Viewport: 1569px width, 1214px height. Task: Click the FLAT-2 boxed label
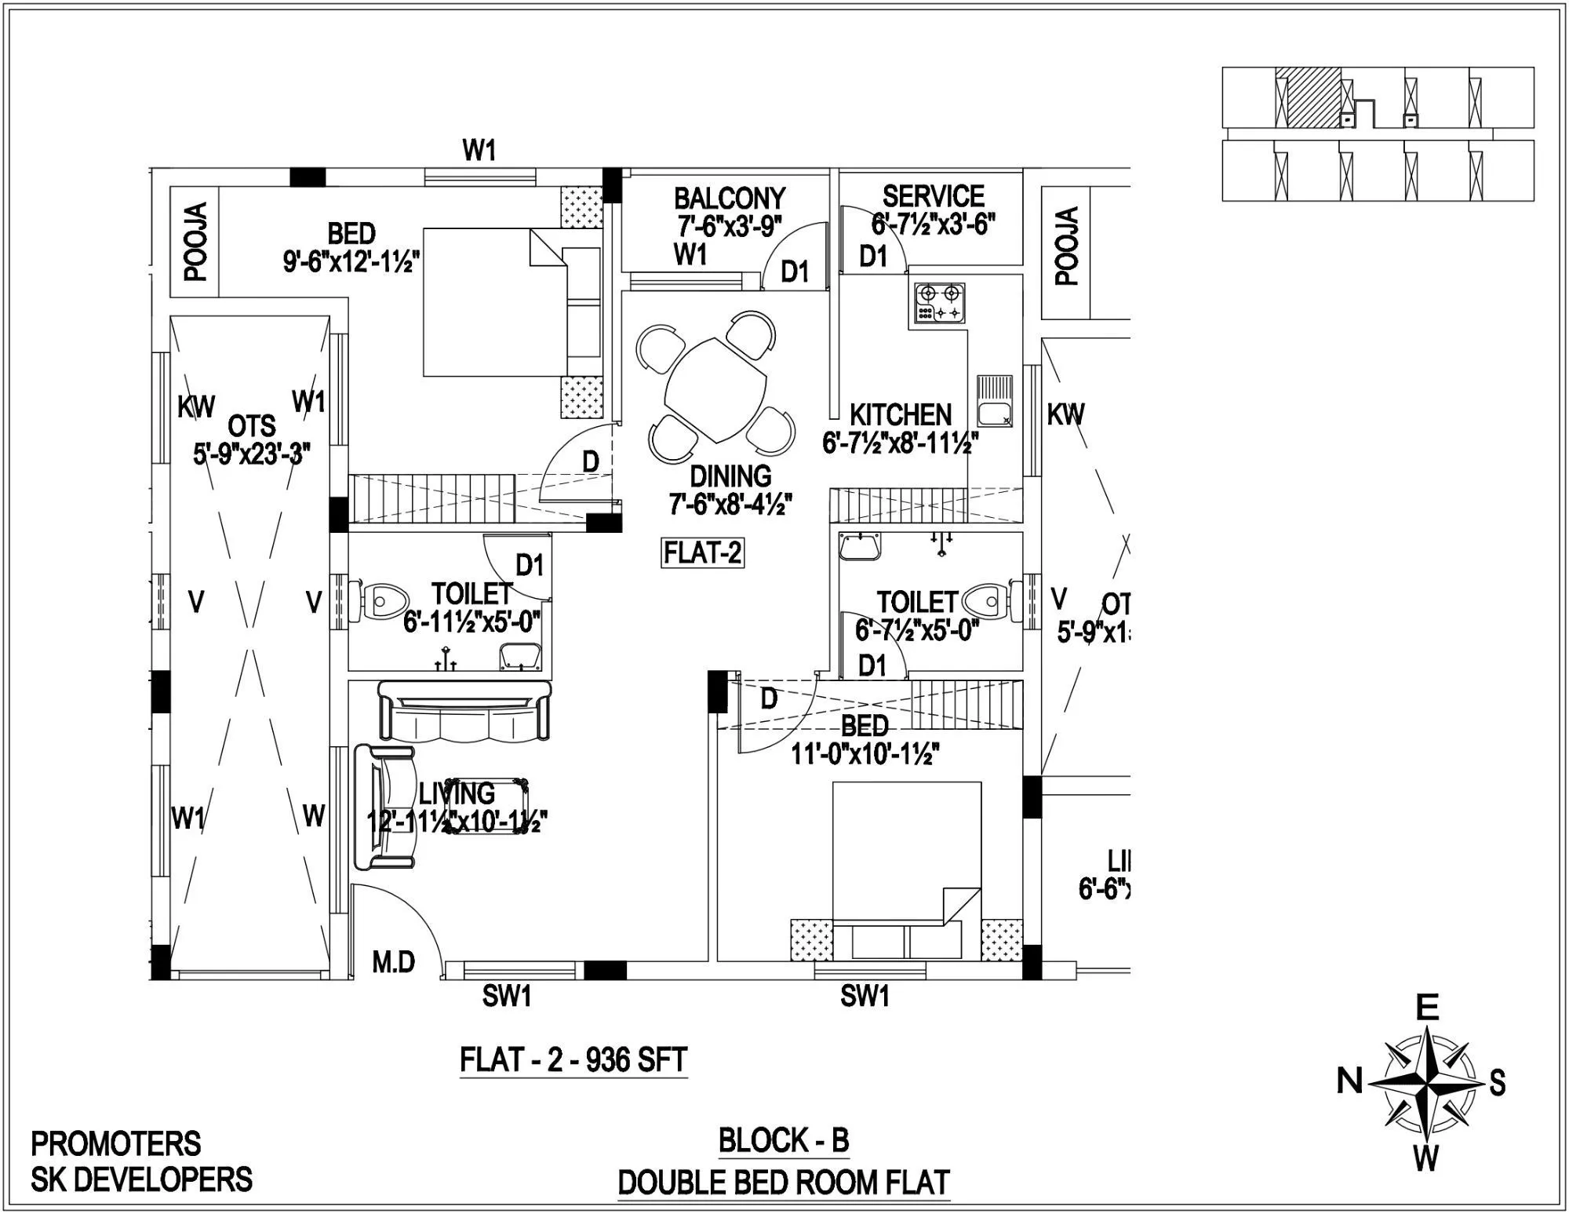coord(702,553)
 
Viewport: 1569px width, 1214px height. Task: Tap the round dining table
coord(715,390)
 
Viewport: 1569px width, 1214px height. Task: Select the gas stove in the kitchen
coord(939,304)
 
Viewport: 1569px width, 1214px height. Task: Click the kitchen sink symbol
coord(994,400)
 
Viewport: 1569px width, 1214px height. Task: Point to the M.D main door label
coord(393,961)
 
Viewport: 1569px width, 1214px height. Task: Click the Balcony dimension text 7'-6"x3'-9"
coord(730,227)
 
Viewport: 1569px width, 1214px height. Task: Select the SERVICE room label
coord(933,196)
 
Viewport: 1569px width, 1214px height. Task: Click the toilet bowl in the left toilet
coord(382,600)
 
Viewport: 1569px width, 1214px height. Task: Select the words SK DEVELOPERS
coord(142,1179)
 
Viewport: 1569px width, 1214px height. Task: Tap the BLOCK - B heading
coord(784,1139)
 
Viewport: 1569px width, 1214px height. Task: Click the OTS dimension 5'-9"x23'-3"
coord(252,454)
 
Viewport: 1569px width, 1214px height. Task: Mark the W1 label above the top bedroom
coord(479,150)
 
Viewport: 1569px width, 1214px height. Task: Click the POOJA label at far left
coord(195,241)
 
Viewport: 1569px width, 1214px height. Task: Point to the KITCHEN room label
coord(900,414)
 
